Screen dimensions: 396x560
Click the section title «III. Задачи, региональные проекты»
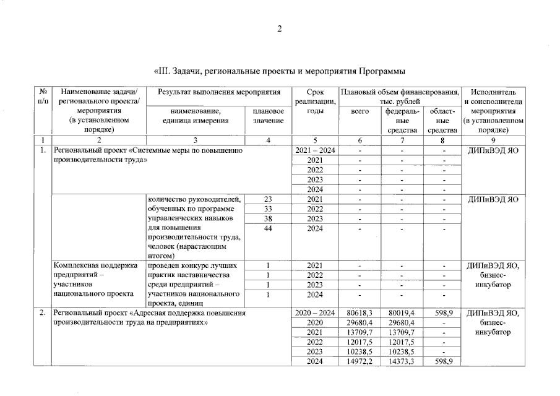(279, 72)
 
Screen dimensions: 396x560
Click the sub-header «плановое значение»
(268, 116)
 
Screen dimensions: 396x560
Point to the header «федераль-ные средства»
(402, 121)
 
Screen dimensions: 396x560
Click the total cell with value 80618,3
(360, 313)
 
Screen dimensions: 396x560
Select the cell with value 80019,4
(402, 313)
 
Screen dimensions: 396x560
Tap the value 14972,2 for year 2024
(360, 361)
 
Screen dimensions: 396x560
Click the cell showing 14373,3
(402, 361)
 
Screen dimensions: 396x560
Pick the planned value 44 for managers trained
(268, 228)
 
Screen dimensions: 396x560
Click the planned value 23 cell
(268, 199)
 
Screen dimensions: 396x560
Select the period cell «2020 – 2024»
(315, 313)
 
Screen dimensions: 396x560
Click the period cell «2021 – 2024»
(315, 150)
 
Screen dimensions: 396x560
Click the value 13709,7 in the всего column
(360, 332)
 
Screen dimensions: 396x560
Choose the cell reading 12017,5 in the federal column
(402, 342)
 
